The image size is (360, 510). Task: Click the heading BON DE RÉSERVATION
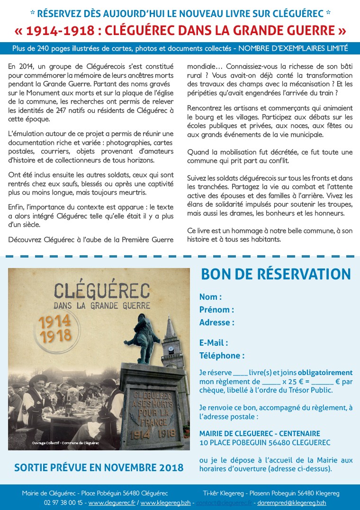point(276,274)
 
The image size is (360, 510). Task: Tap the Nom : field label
point(210,297)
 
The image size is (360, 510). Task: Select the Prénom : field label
point(216,310)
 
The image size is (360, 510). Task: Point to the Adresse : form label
point(216,322)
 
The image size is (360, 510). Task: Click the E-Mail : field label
point(214,343)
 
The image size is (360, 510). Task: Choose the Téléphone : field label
point(222,356)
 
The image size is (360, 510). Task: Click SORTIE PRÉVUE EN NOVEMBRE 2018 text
point(99,468)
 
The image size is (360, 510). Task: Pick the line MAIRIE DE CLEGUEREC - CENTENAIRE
point(260,433)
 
